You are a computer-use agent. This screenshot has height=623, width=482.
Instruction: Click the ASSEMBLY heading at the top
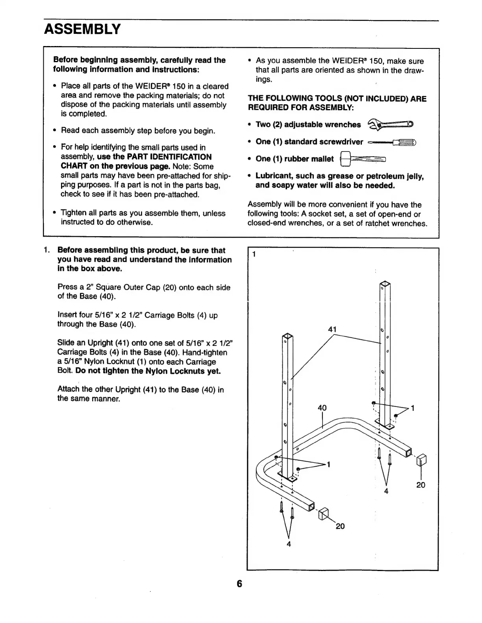pos(82,29)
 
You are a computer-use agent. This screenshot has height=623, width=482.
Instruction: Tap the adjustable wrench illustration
pos(390,125)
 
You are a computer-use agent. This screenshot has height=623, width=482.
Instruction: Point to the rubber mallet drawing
pos(362,159)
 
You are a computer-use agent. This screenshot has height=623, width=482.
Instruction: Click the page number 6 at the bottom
pos(239,583)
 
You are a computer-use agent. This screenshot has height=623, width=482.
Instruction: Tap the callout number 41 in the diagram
pos(332,329)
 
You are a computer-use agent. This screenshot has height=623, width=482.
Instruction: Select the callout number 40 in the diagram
pos(322,408)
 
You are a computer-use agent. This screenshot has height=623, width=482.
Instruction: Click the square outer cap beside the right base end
pos(421,459)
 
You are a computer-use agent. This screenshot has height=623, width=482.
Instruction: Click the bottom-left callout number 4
pos(289,544)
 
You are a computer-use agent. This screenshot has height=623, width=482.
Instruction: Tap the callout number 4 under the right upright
pos(386,491)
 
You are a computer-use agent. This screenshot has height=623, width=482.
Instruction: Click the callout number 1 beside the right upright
pos(412,408)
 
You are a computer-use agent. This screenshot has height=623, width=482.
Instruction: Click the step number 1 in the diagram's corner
pos(254,254)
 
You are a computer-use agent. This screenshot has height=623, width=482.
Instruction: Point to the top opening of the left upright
pos(287,337)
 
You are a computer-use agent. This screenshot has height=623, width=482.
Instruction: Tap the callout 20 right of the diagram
pos(421,485)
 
